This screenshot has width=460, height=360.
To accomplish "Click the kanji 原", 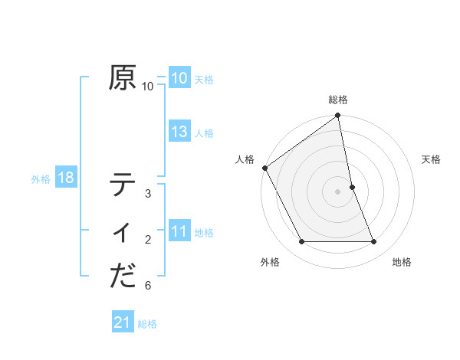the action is click(123, 77).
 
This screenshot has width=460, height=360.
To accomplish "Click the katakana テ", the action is click(123, 185).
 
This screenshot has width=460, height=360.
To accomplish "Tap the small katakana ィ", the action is click(123, 232).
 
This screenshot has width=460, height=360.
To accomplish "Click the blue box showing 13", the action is click(179, 132).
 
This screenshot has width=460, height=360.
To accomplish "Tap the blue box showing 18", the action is click(66, 178).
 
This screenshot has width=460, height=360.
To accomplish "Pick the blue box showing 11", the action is click(179, 231).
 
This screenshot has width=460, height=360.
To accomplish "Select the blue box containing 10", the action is click(179, 77).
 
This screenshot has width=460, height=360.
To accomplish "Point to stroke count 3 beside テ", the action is click(148, 194).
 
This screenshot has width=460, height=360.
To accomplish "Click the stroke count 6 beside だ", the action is click(148, 286).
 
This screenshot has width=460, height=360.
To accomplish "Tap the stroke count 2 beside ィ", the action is click(148, 241).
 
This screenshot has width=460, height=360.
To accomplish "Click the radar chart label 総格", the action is click(338, 100).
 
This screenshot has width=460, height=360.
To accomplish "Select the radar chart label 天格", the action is click(432, 159).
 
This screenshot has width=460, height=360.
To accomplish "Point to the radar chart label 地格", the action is click(402, 262).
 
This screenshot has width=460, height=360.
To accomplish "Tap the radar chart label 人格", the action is click(245, 159).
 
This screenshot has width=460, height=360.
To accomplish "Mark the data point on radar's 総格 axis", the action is click(338, 116).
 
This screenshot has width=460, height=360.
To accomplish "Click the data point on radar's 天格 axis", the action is click(352, 187).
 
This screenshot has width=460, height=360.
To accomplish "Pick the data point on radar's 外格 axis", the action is click(301, 242).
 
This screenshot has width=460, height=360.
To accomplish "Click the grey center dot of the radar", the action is click(338, 191).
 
